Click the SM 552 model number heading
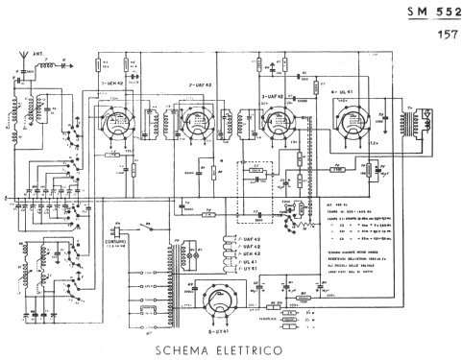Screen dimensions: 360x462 [429, 12]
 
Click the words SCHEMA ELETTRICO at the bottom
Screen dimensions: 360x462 [217, 348]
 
